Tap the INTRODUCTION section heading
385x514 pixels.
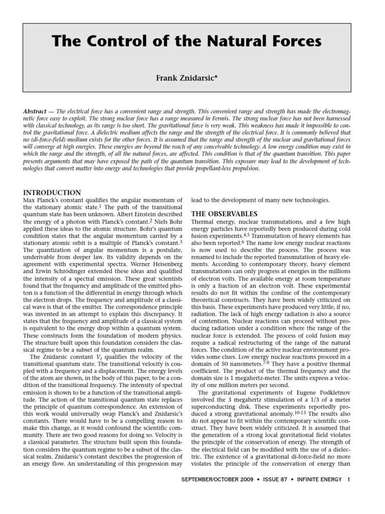click(52, 192)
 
